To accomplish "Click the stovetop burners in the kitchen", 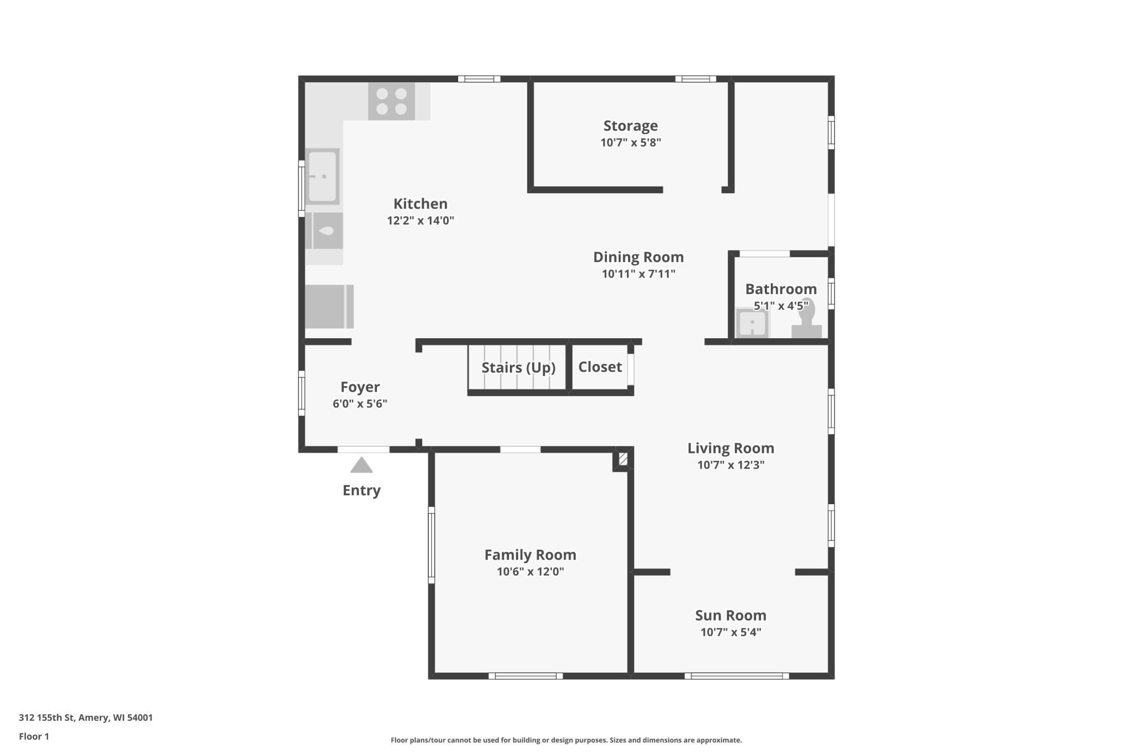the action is click(x=391, y=101).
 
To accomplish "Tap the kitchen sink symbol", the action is click(x=322, y=176).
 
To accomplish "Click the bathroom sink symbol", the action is click(x=752, y=323).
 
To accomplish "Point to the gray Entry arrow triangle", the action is click(x=361, y=465).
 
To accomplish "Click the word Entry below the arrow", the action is click(x=361, y=490).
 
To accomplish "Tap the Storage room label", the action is click(x=630, y=126).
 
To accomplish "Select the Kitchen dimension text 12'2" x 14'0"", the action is click(x=421, y=221).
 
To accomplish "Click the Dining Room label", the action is click(x=638, y=257).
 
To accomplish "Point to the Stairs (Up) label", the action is click(x=518, y=368).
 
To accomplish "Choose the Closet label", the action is click(x=600, y=367).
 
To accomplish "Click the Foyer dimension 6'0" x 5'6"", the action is click(x=360, y=404).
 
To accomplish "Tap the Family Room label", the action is click(x=530, y=555).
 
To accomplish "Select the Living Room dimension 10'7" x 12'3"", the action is click(x=731, y=465).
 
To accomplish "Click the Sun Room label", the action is click(x=730, y=616).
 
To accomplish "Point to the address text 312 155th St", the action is click(x=46, y=717).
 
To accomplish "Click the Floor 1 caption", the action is click(x=34, y=736).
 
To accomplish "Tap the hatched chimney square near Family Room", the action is click(x=623, y=459).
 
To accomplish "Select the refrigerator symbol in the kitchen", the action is click(x=329, y=307).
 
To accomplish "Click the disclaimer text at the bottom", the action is click(x=566, y=740).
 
